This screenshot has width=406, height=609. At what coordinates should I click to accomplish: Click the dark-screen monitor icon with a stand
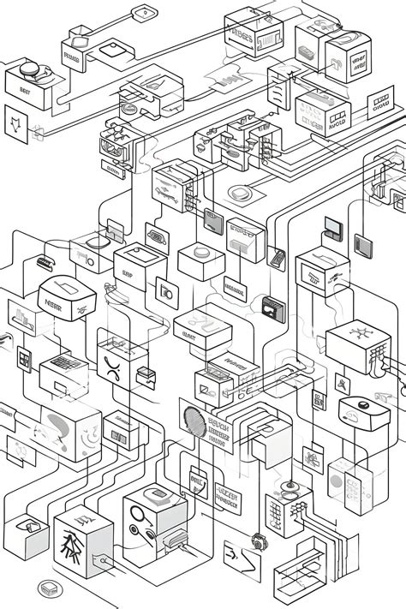pyautogui.click(x=332, y=227)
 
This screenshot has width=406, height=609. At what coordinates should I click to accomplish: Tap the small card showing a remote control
pyautogui.click(x=277, y=256)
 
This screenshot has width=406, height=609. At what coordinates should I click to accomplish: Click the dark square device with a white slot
pyautogui.click(x=273, y=306)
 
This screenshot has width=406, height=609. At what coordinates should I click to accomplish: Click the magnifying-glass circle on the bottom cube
pyautogui.click(x=138, y=516)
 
